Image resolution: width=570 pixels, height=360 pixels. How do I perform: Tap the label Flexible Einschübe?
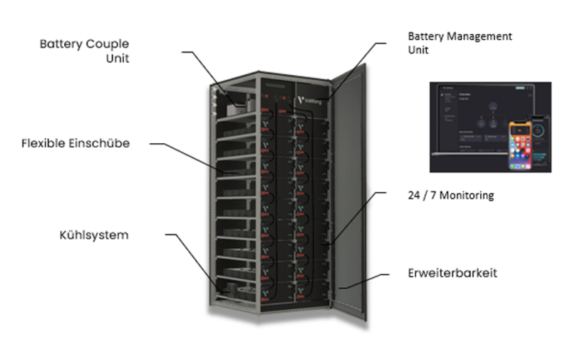pos(75,143)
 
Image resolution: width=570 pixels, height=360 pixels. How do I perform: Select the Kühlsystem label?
pos(94,235)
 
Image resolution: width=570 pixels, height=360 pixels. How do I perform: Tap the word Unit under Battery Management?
pos(418,51)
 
